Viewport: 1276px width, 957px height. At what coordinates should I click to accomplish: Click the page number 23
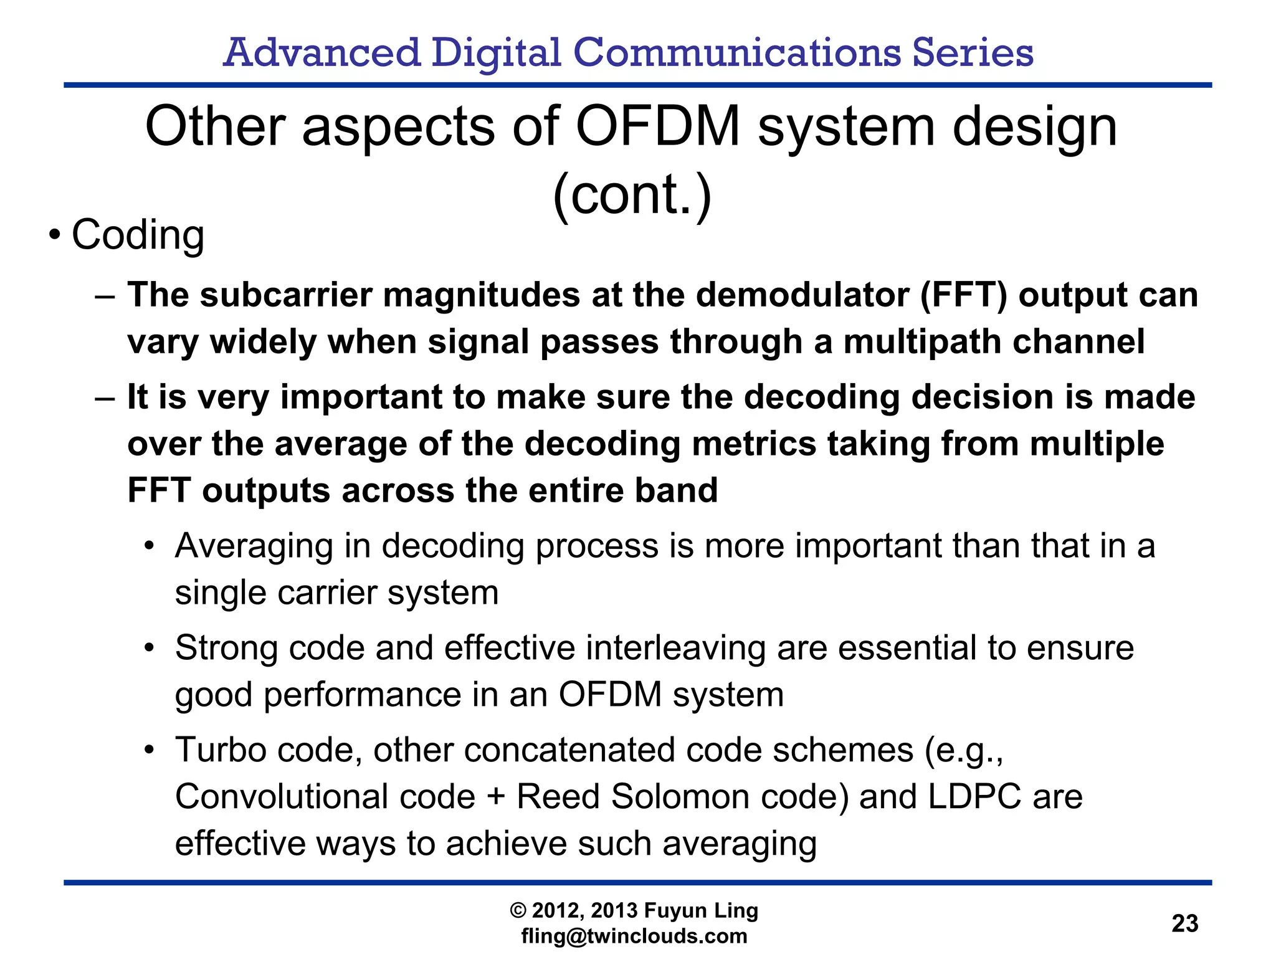click(1184, 923)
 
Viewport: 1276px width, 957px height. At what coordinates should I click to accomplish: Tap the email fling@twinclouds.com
click(634, 936)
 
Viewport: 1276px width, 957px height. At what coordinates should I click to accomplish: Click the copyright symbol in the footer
click(518, 910)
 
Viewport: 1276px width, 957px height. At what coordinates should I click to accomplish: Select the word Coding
click(138, 235)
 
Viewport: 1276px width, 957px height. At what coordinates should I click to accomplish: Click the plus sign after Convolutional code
click(495, 797)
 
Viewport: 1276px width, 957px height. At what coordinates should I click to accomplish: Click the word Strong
click(226, 648)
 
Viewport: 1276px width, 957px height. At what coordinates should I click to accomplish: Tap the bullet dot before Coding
click(55, 236)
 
